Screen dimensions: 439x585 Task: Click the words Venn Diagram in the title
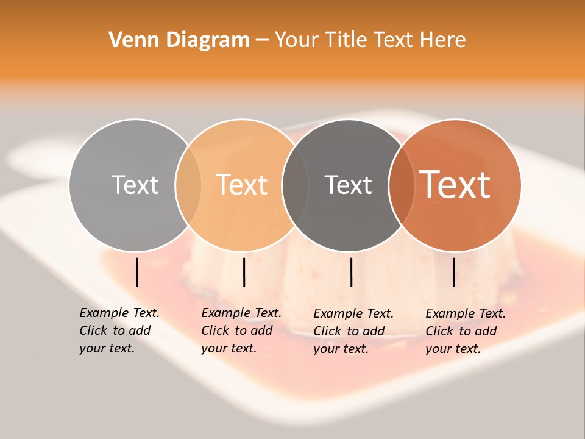179,40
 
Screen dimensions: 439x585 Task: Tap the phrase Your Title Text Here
370,40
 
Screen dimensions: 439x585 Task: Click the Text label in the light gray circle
135,185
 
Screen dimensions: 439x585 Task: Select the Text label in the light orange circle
242,185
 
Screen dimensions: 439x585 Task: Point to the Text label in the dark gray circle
348,185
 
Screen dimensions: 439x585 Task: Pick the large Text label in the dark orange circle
455,185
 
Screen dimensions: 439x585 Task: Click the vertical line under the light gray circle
137,272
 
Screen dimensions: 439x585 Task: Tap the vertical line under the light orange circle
244,272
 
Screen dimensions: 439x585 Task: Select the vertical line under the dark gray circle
352,272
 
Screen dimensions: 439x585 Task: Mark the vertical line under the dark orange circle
454,272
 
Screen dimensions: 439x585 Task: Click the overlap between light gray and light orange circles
188,185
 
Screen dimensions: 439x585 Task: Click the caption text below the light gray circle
119,330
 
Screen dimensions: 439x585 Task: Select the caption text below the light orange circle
241,330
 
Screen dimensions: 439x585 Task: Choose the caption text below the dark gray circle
353,331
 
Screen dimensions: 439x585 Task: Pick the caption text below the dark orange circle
466,331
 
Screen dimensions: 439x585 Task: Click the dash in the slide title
262,40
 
